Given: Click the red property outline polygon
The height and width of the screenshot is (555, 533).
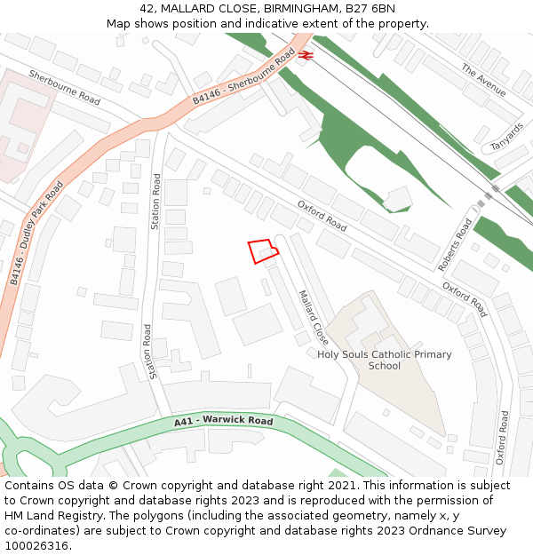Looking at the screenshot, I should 262,250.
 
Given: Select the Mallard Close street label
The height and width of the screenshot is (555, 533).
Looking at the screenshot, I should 314,317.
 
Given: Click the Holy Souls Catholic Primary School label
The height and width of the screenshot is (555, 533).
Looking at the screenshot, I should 385,360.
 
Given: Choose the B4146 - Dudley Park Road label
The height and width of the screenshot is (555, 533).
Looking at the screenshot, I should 36,234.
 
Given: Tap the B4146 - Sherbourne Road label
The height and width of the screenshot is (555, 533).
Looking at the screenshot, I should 243,77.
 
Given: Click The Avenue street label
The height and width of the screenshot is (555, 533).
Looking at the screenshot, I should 483,80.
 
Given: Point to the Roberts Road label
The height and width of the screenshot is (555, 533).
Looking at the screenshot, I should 456,244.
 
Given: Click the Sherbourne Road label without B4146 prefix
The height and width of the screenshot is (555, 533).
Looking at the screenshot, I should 64,87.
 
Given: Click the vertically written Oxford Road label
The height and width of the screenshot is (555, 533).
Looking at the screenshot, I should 502,437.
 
